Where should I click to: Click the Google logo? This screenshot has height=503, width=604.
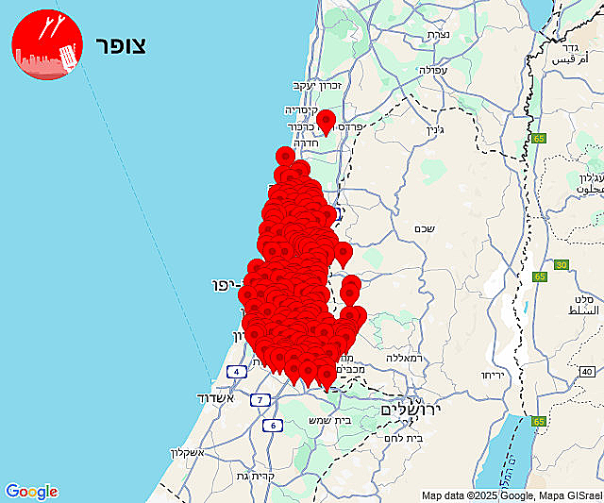pyautogui.click(x=31, y=492)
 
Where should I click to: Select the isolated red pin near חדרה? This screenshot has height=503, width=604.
pyautogui.click(x=327, y=121)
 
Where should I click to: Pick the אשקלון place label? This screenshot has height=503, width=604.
pyautogui.click(x=187, y=452)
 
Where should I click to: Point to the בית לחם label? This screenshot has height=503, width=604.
pyautogui.click(x=404, y=437)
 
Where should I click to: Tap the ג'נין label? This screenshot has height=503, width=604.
pyautogui.click(x=434, y=130)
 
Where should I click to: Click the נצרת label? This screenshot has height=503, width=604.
pyautogui.click(x=438, y=34)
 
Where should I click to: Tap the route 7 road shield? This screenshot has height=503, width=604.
pyautogui.click(x=259, y=399)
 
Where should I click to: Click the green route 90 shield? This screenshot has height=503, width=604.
pyautogui.click(x=561, y=265)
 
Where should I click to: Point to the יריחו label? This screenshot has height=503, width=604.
pyautogui.click(x=495, y=375)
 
